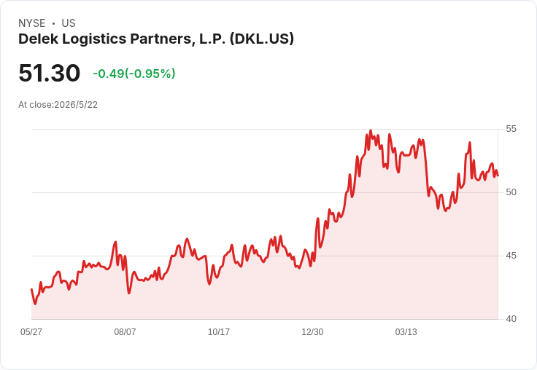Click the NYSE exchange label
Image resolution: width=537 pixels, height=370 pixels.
(x=32, y=23)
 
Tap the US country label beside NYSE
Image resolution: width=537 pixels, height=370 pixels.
(x=69, y=23)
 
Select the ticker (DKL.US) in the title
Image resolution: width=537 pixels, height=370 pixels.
(x=262, y=39)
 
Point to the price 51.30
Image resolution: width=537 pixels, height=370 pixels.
(x=50, y=73)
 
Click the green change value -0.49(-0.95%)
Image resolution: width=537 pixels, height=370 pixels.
(x=134, y=74)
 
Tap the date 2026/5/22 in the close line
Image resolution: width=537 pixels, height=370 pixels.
(x=76, y=105)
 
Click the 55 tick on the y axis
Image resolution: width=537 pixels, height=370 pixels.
(x=511, y=129)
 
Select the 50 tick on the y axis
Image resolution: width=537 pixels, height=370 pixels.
(x=511, y=192)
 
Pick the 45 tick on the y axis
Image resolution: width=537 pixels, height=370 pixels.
(x=511, y=256)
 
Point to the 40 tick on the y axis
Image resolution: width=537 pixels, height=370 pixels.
(x=511, y=319)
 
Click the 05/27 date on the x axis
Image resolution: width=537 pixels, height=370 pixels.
(x=31, y=331)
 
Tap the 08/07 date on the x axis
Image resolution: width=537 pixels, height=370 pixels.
(x=125, y=331)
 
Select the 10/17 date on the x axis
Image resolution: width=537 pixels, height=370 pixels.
(x=219, y=331)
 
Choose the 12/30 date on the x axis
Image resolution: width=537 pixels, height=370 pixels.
(x=312, y=331)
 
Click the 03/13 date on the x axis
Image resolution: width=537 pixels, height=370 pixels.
(x=406, y=331)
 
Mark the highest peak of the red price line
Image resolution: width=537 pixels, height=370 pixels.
(x=371, y=130)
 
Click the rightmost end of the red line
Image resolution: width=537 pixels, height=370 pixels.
(x=498, y=176)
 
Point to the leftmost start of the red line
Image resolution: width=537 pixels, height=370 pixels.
(x=31, y=289)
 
